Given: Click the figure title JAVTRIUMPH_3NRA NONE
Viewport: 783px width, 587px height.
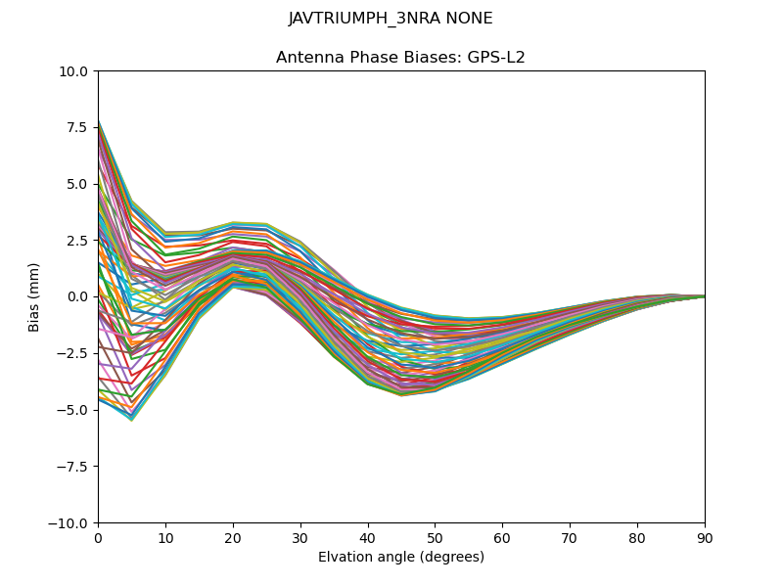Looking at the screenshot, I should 391,19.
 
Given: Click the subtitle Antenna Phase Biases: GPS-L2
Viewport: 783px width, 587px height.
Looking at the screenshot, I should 400,58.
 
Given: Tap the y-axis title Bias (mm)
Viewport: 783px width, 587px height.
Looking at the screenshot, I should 34,296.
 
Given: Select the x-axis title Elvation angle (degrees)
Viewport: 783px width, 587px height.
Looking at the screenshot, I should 400,558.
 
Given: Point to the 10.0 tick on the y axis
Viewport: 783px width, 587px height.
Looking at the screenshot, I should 76,71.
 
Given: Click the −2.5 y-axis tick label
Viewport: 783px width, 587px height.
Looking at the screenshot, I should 74,353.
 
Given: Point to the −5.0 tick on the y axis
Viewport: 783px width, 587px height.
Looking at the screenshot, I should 74,410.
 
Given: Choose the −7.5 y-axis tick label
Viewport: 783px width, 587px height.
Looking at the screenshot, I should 74,467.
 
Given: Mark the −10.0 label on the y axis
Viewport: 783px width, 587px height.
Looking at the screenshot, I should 71,523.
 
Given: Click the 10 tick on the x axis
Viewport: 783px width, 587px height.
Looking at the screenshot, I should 165,538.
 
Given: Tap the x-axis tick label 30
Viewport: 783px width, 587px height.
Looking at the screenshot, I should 300,538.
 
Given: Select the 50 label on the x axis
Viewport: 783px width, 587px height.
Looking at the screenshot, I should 435,538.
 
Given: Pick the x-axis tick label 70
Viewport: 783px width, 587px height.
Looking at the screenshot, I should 570,538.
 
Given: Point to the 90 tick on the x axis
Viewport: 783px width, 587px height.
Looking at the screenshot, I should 705,538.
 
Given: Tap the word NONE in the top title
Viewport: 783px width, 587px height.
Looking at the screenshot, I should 469,19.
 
